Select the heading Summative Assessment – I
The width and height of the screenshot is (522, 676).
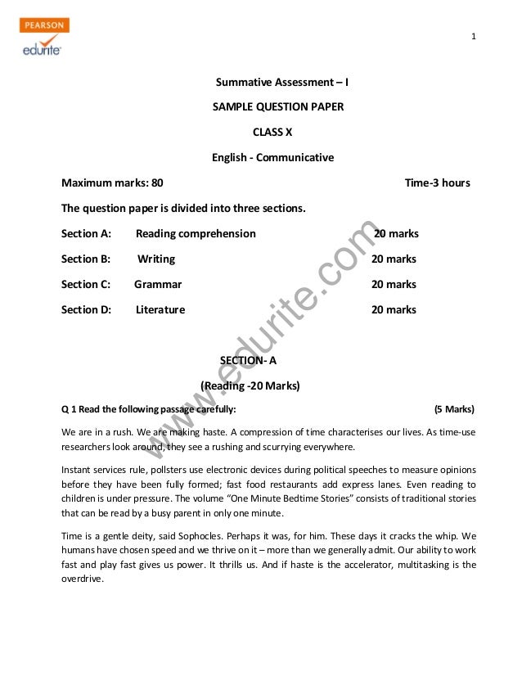[282, 83]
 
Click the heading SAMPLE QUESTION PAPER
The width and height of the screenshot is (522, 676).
[278, 107]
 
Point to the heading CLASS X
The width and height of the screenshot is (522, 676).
[277, 132]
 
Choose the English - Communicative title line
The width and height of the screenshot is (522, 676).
[272, 157]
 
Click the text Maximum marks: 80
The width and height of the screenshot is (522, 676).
[112, 183]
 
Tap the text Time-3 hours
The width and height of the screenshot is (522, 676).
[437, 183]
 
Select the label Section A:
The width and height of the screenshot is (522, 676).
[86, 233]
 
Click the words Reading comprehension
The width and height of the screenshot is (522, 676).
[196, 233]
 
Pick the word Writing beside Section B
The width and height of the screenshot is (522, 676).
[156, 259]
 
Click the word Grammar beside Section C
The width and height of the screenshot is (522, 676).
[158, 284]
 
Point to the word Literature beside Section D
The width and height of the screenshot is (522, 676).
[160, 309]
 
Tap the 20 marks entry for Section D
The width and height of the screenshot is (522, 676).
[394, 309]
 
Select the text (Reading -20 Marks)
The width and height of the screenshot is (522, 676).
[250, 385]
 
